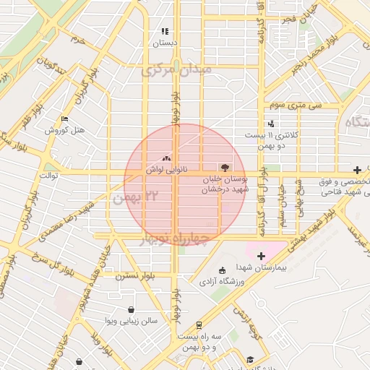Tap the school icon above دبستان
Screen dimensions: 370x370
[x=165, y=32]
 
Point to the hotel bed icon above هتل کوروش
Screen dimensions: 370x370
[x=66, y=119]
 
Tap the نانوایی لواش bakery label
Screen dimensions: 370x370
[x=163, y=169]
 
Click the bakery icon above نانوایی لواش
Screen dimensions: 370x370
[x=167, y=158]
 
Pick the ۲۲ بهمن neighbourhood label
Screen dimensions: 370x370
[x=132, y=197]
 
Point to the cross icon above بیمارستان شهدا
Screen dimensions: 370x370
[x=262, y=256]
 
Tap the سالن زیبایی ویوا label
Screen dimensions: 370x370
[x=129, y=319]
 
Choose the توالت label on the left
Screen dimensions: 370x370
[x=48, y=175]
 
